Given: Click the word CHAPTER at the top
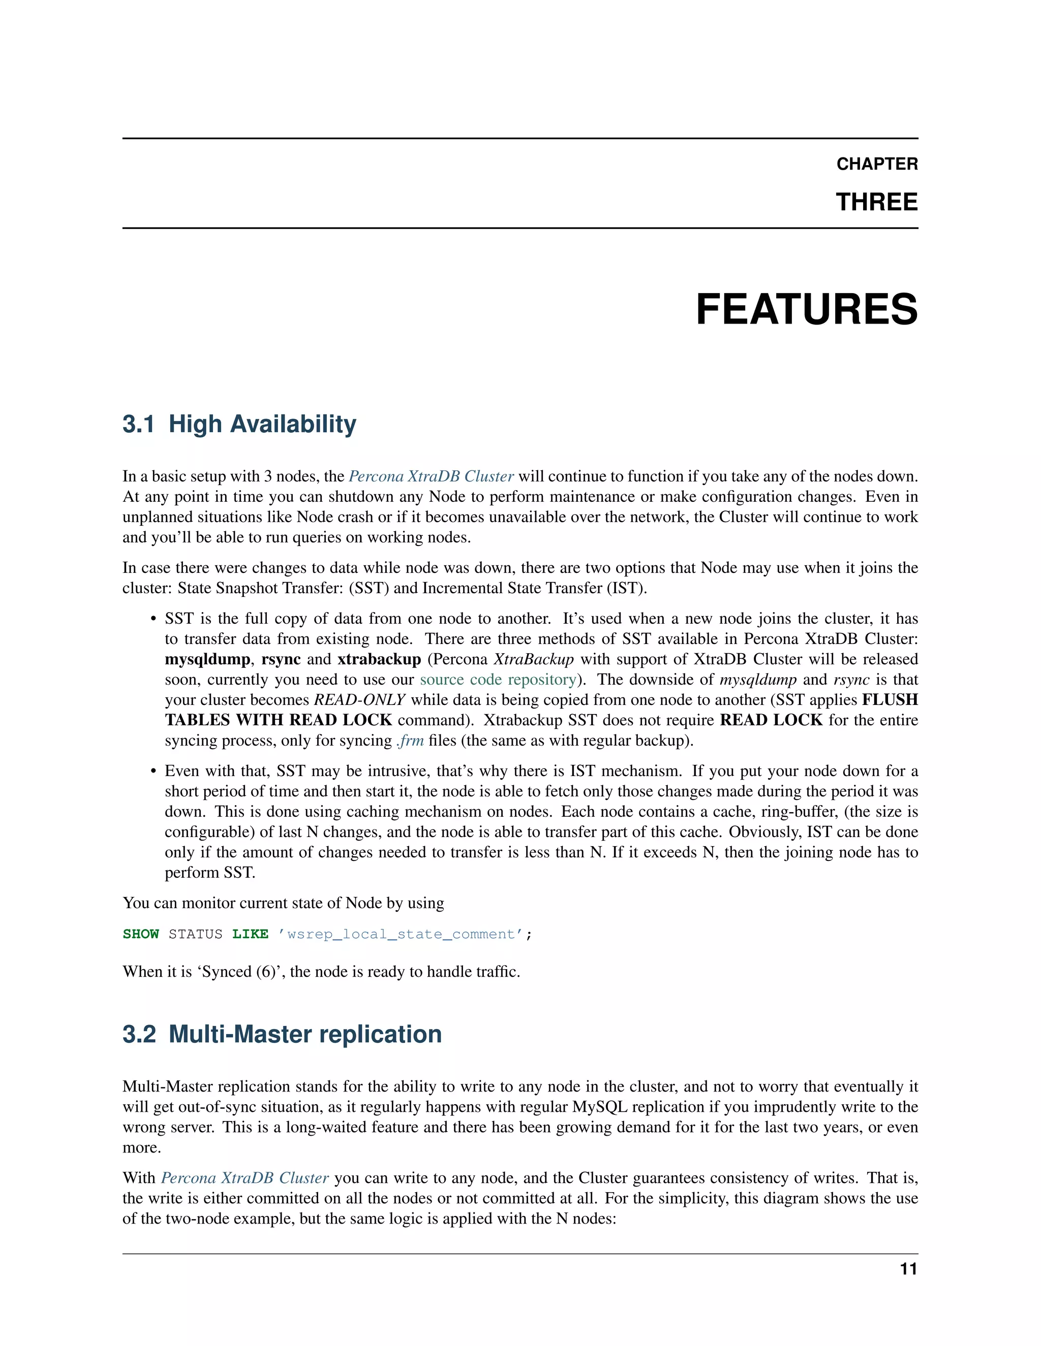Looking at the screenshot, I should pyautogui.click(x=876, y=164).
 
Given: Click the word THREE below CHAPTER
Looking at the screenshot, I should pyautogui.click(x=876, y=202).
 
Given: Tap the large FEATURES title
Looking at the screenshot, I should pyautogui.click(x=806, y=309).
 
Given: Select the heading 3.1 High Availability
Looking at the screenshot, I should pyautogui.click(x=239, y=424).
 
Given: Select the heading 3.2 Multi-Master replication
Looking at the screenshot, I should pyautogui.click(x=282, y=1034).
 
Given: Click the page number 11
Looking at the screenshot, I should pyautogui.click(x=908, y=1269).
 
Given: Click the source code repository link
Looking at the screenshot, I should pyautogui.click(x=498, y=680).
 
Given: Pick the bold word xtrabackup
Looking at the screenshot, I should pyautogui.click(x=379, y=659).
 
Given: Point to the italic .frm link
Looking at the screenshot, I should pyautogui.click(x=410, y=741).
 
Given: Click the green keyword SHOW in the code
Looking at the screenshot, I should pyautogui.click(x=141, y=934).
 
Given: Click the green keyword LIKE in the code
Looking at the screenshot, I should pyautogui.click(x=250, y=934).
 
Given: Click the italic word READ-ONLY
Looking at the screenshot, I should pyautogui.click(x=359, y=700).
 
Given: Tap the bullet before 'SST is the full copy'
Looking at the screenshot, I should pyautogui.click(x=153, y=619).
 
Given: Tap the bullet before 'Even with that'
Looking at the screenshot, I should pyautogui.click(x=153, y=772).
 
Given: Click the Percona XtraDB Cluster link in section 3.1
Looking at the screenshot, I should pyautogui.click(x=431, y=476).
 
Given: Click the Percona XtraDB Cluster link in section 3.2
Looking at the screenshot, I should pyautogui.click(x=245, y=1178).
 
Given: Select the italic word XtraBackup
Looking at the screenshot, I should pyautogui.click(x=533, y=659).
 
